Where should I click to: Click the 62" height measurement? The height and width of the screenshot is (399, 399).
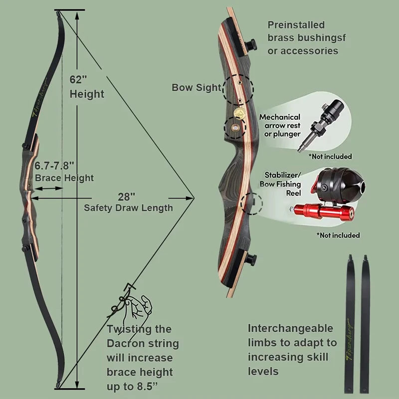click(x=78, y=80)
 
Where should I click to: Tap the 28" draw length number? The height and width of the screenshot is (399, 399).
click(x=127, y=197)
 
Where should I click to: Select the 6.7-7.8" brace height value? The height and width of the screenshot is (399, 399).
click(x=54, y=166)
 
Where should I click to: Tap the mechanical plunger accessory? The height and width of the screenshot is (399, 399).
click(x=322, y=125)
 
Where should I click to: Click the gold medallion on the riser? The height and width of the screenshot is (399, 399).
click(x=239, y=112)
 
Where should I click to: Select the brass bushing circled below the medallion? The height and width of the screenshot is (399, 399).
click(x=235, y=128)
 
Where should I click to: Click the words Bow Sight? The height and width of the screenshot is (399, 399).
click(x=197, y=88)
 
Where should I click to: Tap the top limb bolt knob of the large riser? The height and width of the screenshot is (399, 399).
click(x=251, y=44)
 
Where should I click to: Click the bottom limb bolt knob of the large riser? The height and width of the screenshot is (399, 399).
click(x=251, y=260)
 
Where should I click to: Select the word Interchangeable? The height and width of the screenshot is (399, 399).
click(x=290, y=328)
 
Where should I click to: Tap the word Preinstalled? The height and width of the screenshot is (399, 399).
click(x=296, y=25)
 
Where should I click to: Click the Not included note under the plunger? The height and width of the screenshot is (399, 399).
click(x=330, y=156)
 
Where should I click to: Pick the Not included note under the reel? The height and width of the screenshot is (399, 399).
click(x=338, y=235)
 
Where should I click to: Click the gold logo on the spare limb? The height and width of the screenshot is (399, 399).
click(x=350, y=339)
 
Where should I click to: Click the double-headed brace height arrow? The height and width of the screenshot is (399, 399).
click(x=48, y=189)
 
